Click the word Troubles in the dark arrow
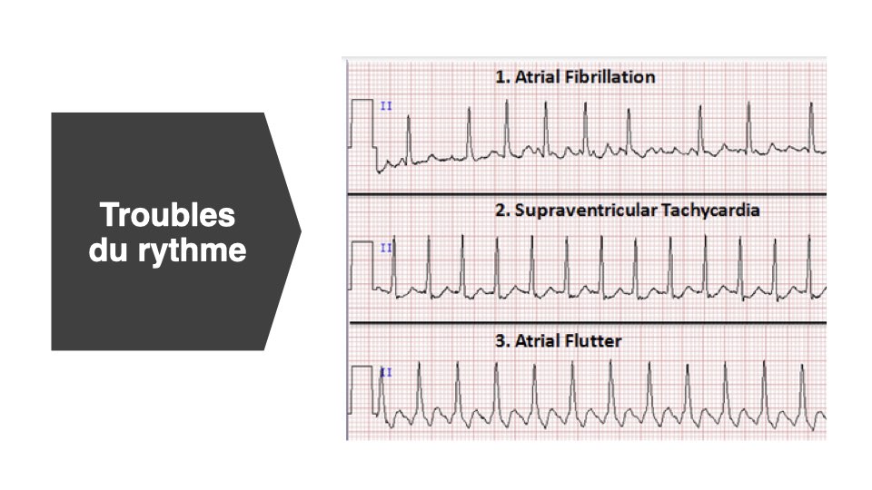[167, 215]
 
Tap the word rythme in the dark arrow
[193, 251]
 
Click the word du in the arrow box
[109, 250]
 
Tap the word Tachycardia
[710, 210]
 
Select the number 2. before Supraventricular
[502, 210]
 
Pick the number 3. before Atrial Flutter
[502, 340]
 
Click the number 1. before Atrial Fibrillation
[502, 76]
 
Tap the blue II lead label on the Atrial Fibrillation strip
[386, 105]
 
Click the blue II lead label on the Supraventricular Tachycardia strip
[386, 248]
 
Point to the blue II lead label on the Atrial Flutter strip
[386, 372]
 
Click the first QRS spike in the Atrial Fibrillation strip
[409, 140]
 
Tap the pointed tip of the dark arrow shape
[301, 231]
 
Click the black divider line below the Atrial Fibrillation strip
[587, 194]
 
